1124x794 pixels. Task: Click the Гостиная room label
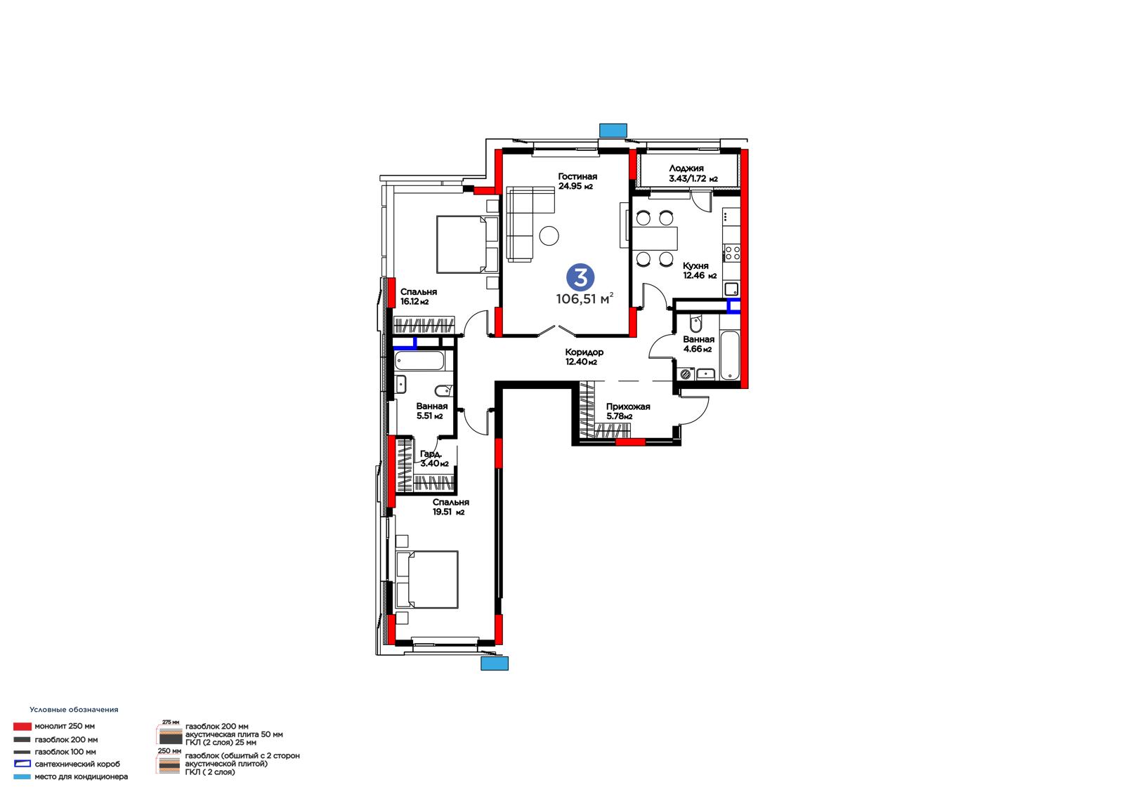(x=577, y=176)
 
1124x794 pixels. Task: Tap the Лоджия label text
(x=686, y=168)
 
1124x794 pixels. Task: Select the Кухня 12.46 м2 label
(x=700, y=270)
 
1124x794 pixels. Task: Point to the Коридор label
(x=584, y=352)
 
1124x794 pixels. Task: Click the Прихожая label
(x=628, y=406)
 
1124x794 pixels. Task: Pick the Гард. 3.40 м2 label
(x=434, y=458)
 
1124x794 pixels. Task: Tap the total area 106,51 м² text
(x=584, y=299)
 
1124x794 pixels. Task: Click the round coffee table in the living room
(x=549, y=235)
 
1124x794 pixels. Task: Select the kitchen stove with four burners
(x=732, y=253)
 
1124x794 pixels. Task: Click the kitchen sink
(x=731, y=289)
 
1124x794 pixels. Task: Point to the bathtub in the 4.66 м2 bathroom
(x=729, y=355)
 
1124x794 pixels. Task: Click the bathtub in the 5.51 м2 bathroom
(x=419, y=361)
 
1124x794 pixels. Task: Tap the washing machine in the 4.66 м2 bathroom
(x=686, y=373)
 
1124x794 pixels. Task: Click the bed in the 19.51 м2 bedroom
(x=427, y=579)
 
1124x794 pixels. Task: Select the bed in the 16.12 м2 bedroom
(x=467, y=244)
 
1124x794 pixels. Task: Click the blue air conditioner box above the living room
(x=613, y=131)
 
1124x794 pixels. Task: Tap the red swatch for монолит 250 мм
(x=22, y=726)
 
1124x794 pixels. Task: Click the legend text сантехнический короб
(x=77, y=764)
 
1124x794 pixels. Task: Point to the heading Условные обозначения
(x=74, y=709)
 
